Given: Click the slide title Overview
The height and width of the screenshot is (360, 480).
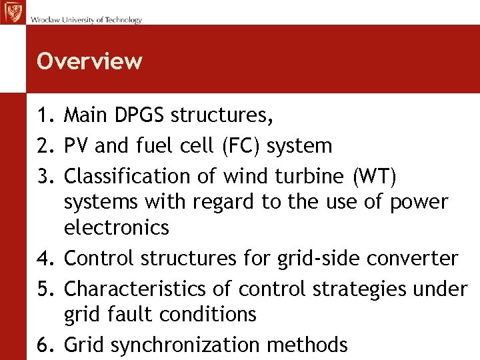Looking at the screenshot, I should point(89,61).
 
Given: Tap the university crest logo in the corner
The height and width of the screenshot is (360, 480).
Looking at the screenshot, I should point(12,13).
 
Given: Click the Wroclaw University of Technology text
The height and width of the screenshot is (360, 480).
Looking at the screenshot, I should point(86,20).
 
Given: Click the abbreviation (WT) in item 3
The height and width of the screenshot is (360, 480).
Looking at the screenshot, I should point(371,177).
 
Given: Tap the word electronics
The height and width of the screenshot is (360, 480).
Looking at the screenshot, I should point(117,228).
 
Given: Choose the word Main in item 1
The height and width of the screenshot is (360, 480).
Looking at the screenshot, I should point(84,116).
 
